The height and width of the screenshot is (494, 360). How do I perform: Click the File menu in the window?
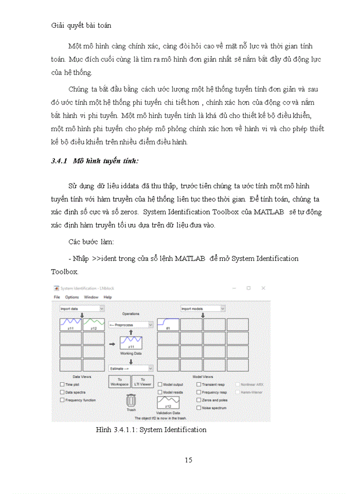click(57, 297)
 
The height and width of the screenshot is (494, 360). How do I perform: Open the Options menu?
click(71, 297)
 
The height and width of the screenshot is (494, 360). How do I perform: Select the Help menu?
click(107, 297)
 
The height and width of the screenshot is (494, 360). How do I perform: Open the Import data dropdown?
click(81, 309)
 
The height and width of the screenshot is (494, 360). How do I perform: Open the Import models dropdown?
click(203, 309)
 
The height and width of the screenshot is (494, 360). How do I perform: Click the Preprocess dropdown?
click(131, 325)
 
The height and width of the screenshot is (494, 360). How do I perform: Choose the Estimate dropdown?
click(131, 368)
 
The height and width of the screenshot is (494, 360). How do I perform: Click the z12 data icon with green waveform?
click(94, 324)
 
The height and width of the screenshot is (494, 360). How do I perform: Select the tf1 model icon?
click(168, 324)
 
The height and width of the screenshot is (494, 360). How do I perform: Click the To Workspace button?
click(119, 381)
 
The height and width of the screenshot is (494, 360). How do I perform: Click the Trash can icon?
click(131, 400)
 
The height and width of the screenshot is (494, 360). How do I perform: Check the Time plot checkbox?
click(62, 384)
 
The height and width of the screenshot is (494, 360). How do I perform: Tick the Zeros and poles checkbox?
click(199, 400)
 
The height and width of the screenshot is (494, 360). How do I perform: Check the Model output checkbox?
click(160, 384)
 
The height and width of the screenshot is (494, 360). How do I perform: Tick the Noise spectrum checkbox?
click(199, 408)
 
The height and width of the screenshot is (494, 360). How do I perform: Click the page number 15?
click(188, 460)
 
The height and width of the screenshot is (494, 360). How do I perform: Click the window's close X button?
click(263, 288)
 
